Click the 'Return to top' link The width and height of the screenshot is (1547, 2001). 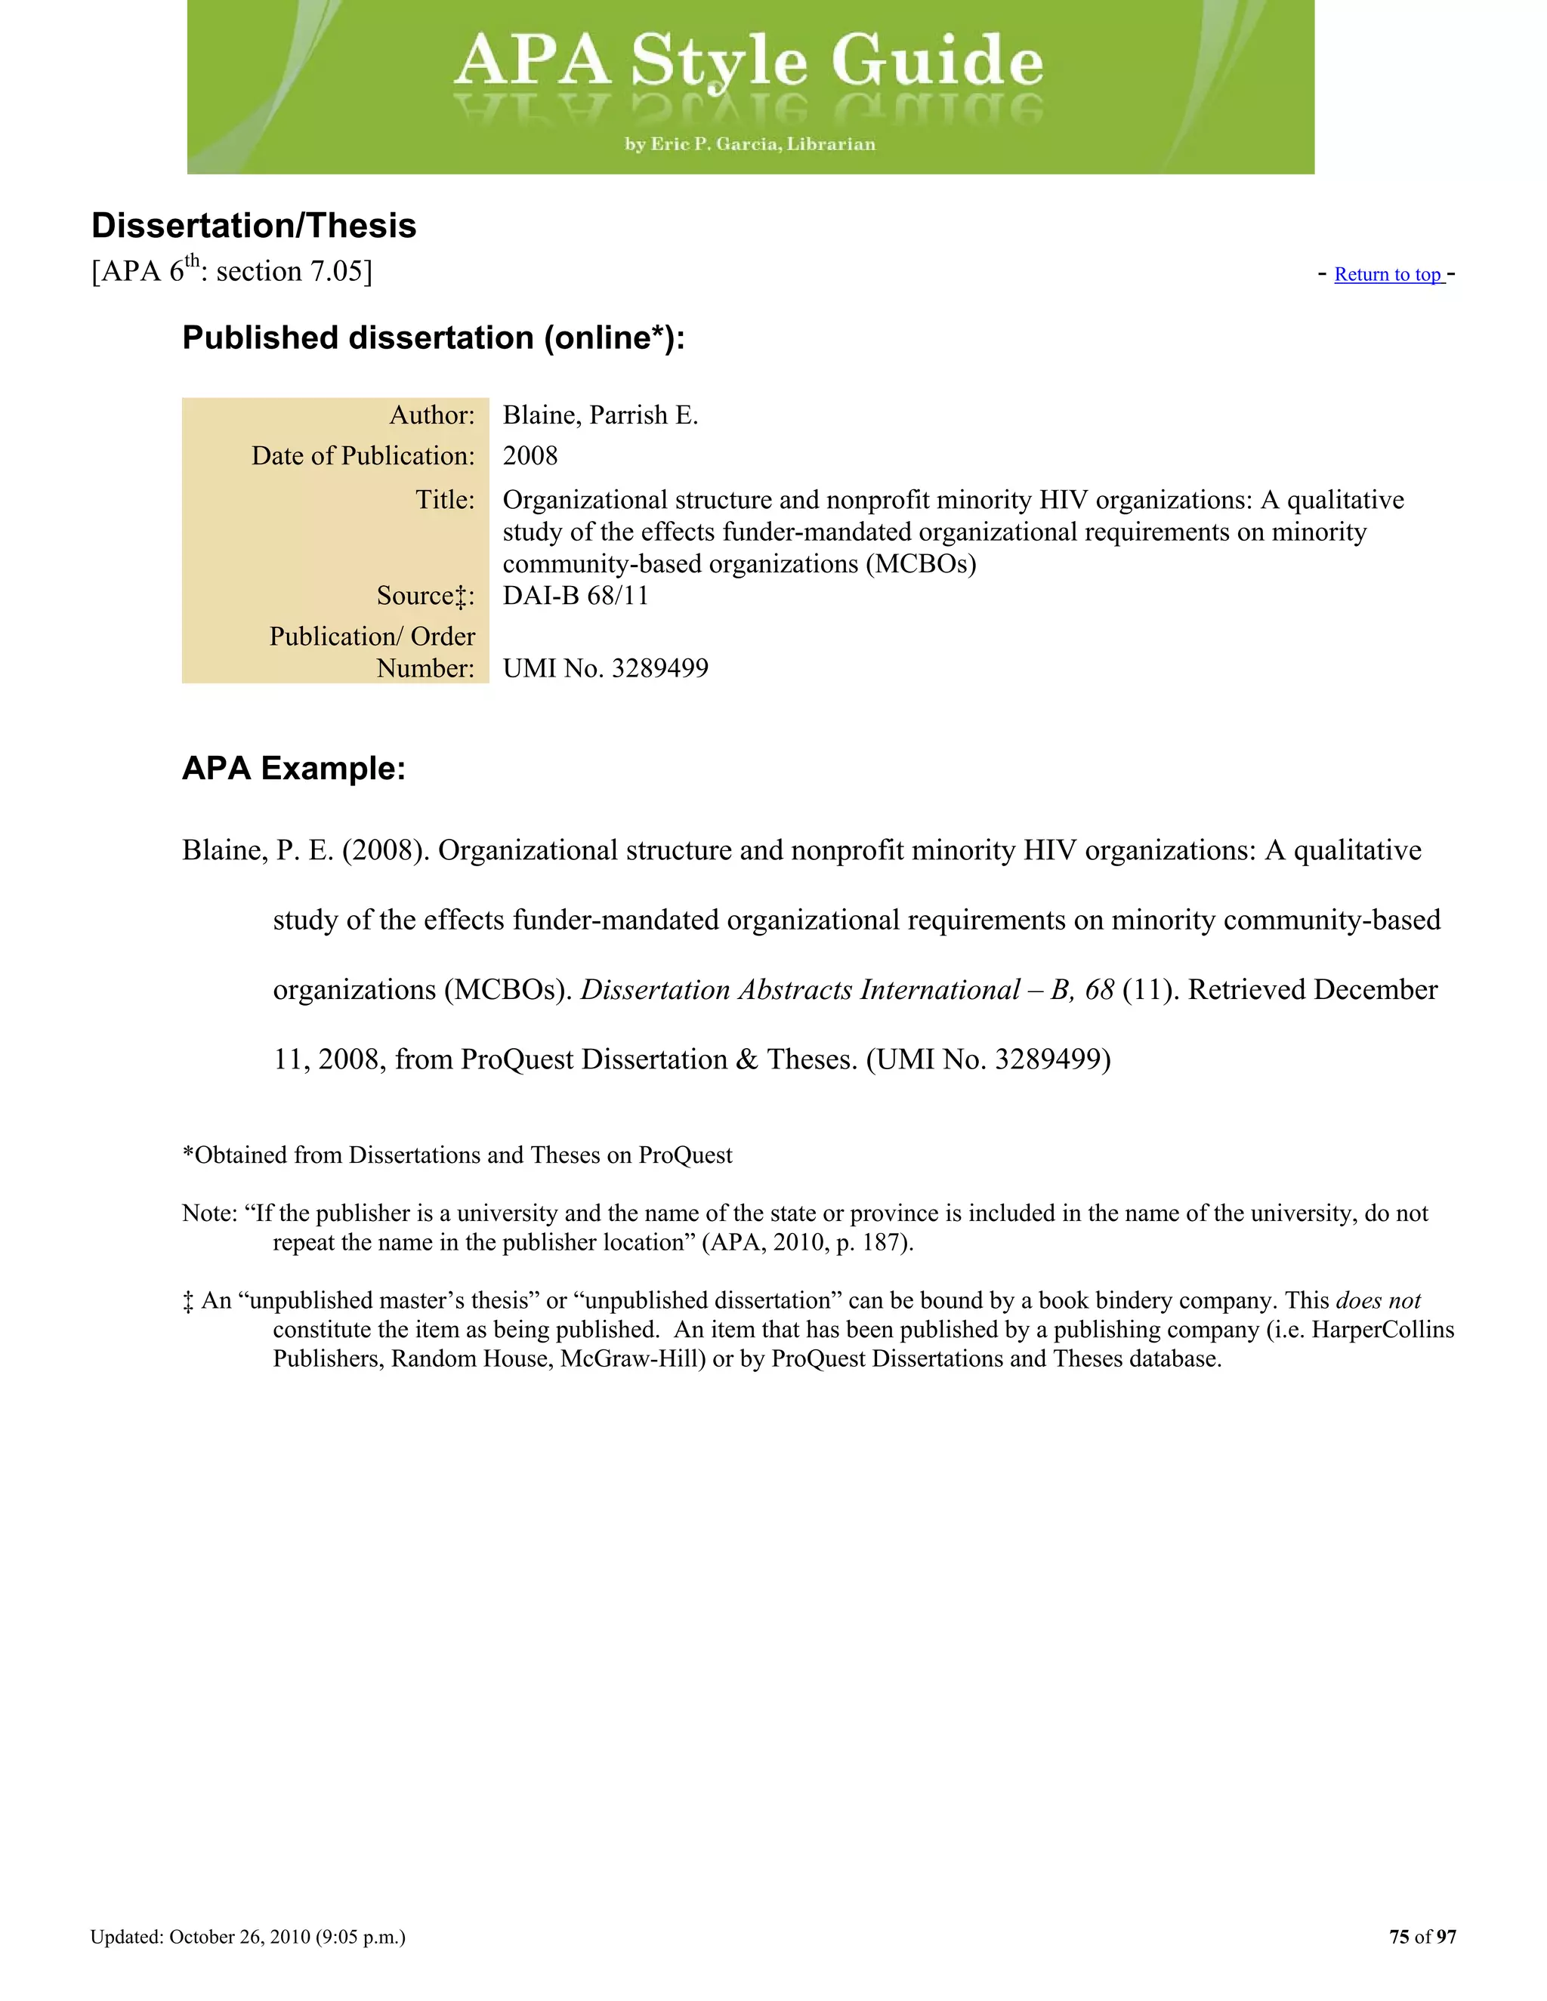coord(1388,275)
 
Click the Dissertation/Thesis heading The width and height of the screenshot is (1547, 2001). coord(254,225)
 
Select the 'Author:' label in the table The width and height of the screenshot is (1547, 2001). coord(431,415)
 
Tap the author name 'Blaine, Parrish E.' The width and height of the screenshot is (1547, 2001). coord(601,415)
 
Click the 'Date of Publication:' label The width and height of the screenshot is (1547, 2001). coord(363,455)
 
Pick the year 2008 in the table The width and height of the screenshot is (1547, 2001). coord(530,455)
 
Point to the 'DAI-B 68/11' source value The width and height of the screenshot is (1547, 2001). coord(576,596)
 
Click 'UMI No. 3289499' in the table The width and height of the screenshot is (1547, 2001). coord(605,668)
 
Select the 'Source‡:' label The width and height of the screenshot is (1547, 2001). coord(425,596)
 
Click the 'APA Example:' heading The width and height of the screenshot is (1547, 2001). coord(293,768)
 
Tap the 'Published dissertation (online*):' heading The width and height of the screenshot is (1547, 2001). coord(434,338)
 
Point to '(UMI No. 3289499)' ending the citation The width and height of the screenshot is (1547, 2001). coord(988,1059)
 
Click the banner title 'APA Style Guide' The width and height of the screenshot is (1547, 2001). coord(749,60)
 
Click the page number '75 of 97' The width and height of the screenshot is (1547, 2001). coord(1422,1936)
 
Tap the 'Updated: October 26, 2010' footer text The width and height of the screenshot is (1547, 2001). coord(248,1936)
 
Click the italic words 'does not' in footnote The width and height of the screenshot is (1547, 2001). coord(1378,1300)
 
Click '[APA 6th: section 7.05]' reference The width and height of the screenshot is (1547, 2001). coord(232,272)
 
